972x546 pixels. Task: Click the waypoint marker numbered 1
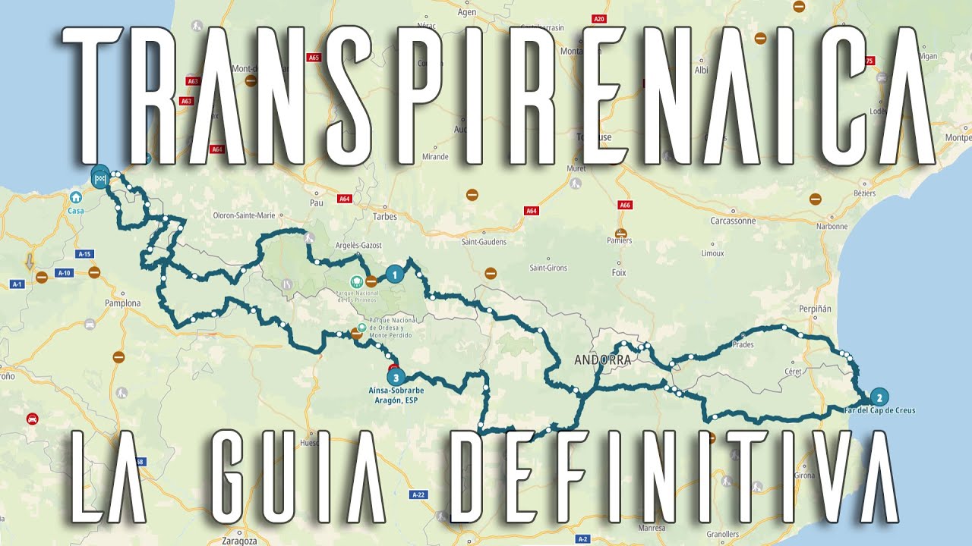pyautogui.click(x=393, y=275)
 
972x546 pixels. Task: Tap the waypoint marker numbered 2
pyautogui.click(x=879, y=397)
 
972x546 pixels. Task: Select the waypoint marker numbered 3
pyautogui.click(x=395, y=376)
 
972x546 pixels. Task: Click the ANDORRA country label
pyautogui.click(x=603, y=360)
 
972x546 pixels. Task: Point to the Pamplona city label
pyautogui.click(x=123, y=303)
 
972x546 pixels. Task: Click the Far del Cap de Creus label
pyautogui.click(x=879, y=410)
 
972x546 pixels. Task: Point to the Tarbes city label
pyautogui.click(x=385, y=217)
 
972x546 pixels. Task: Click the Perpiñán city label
pyautogui.click(x=816, y=309)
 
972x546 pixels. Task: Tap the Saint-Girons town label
pyautogui.click(x=549, y=268)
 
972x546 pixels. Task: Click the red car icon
pyautogui.click(x=32, y=419)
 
